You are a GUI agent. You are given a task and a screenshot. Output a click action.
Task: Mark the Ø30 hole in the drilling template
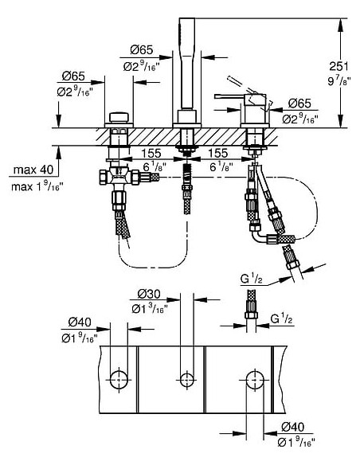[186, 376]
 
